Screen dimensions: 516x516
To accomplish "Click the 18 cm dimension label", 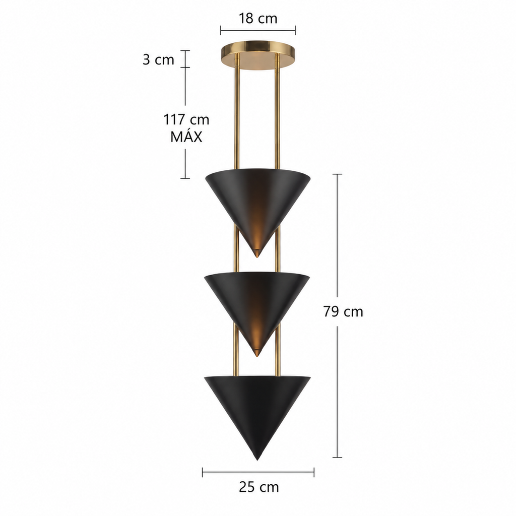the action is (x=258, y=19).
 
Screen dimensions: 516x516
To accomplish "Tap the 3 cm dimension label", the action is (x=158, y=59).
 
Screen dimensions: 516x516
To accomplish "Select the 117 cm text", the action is (x=186, y=119).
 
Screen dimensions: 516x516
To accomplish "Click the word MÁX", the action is (x=186, y=136).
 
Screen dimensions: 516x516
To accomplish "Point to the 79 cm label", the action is (x=343, y=311).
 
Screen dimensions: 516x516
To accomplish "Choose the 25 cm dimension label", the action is (x=259, y=487).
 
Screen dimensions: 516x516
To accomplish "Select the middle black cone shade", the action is (x=257, y=306).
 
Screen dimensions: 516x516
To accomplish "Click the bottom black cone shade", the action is (x=257, y=411).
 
